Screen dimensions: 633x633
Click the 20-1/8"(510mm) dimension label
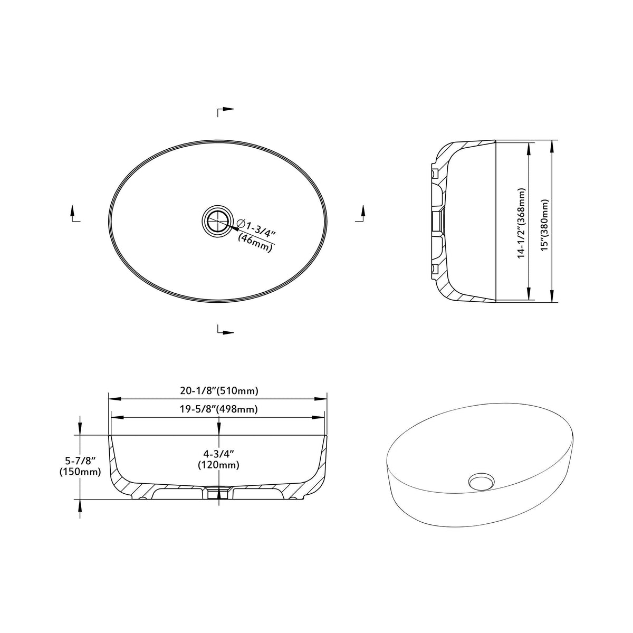click(x=219, y=390)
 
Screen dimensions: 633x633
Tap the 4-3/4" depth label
click(x=218, y=454)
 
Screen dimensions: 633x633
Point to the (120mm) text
click(x=218, y=465)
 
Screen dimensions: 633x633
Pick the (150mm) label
click(x=80, y=472)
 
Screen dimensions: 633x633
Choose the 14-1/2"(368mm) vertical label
click(x=522, y=223)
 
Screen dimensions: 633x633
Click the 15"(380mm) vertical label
click(x=545, y=225)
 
